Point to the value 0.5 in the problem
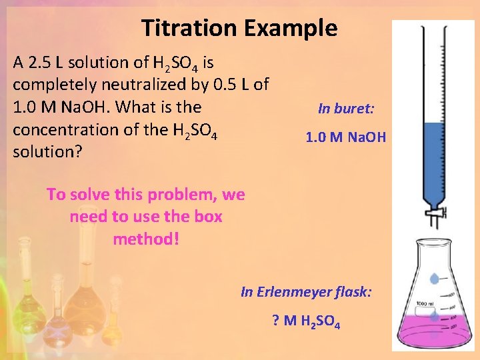pos(221,85)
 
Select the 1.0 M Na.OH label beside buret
pos(345,138)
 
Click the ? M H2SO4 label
pos(307,323)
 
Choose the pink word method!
pos(145,239)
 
